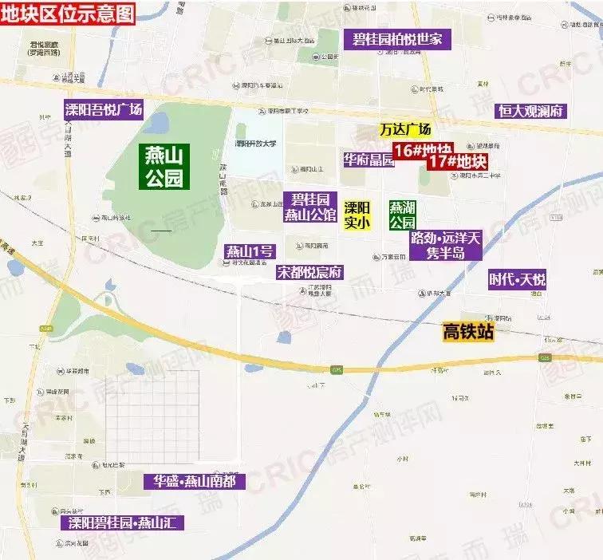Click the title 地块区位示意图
[x=68, y=11]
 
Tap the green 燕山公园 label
[x=164, y=166]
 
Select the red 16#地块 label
[x=421, y=150]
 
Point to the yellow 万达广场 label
[x=404, y=130]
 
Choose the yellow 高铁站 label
[x=468, y=332]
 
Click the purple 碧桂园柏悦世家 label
[x=397, y=39]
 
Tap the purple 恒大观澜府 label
[x=529, y=111]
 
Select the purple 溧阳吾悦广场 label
[x=104, y=110]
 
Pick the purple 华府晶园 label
[x=368, y=160]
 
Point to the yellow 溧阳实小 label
[x=357, y=215]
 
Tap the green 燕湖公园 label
[x=402, y=215]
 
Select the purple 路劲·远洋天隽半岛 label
[x=446, y=246]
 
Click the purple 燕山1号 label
[x=250, y=252]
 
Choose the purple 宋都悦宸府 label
[x=309, y=272]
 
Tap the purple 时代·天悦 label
[x=518, y=279]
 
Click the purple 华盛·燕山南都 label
[x=195, y=481]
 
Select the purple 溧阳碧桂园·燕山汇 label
[x=123, y=523]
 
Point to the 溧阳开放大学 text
[x=255, y=144]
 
